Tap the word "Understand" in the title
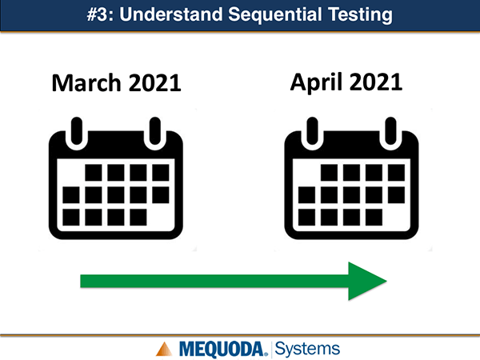pyautogui.click(x=171, y=14)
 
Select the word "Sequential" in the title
pyautogui.click(x=275, y=15)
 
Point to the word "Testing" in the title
pyautogui.click(x=360, y=15)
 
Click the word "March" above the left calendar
pyautogui.click(x=86, y=82)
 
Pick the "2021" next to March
pyautogui.click(x=155, y=82)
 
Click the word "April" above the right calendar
pyautogui.click(x=316, y=82)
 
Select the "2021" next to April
pyautogui.click(x=376, y=82)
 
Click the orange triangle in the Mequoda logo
pyautogui.click(x=164, y=349)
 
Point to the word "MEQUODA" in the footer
pyautogui.click(x=222, y=350)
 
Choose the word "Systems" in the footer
pyautogui.click(x=307, y=349)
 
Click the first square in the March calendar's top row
pyautogui.click(x=94, y=173)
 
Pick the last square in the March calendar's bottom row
pyautogui.click(x=138, y=218)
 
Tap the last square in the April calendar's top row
pyautogui.click(x=397, y=173)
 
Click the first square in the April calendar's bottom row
pyautogui.click(x=306, y=218)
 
